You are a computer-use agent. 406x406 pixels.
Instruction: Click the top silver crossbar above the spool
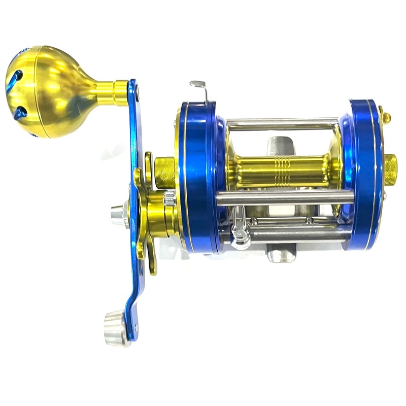(282, 123)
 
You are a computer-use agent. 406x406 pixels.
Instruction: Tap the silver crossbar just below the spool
(284, 197)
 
